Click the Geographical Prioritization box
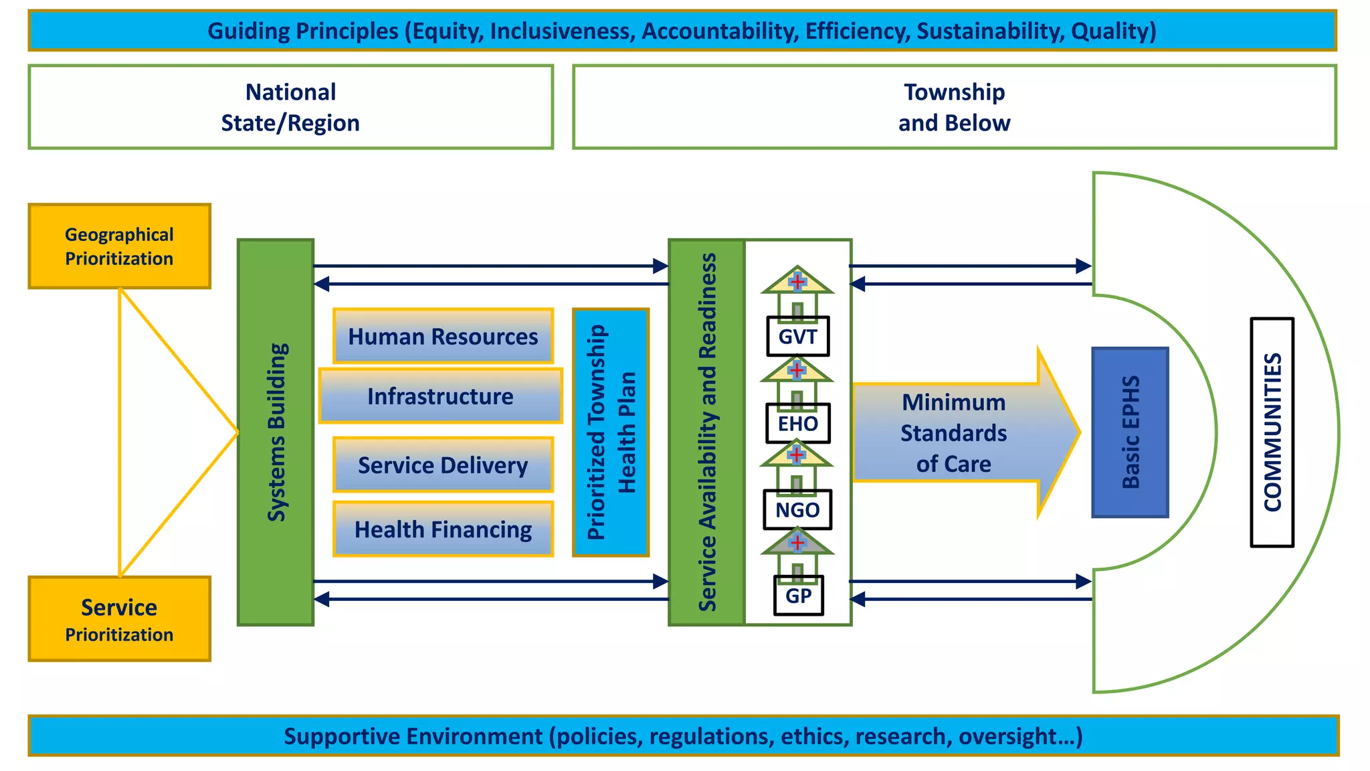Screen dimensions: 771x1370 coord(119,246)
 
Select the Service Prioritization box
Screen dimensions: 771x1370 coord(119,619)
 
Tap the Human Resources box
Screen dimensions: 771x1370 coord(443,336)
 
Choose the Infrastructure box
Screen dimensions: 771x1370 coord(440,396)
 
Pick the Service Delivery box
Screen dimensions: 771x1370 coord(443,465)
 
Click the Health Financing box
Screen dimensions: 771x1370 coord(443,529)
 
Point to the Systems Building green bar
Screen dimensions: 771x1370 coord(276,432)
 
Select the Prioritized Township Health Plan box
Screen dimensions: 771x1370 coord(611,432)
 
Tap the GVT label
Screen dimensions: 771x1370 coord(797,337)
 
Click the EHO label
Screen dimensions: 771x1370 coord(797,424)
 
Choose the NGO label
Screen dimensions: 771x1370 coord(797,510)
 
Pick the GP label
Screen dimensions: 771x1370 coord(798,596)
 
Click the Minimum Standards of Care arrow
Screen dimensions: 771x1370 coord(954,433)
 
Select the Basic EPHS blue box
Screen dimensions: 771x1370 coord(1130,432)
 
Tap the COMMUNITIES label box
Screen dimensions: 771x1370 coord(1272,432)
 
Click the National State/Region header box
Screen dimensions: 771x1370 coord(290,107)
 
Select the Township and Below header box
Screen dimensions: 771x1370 coord(954,107)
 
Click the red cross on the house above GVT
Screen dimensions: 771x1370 coord(797,282)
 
